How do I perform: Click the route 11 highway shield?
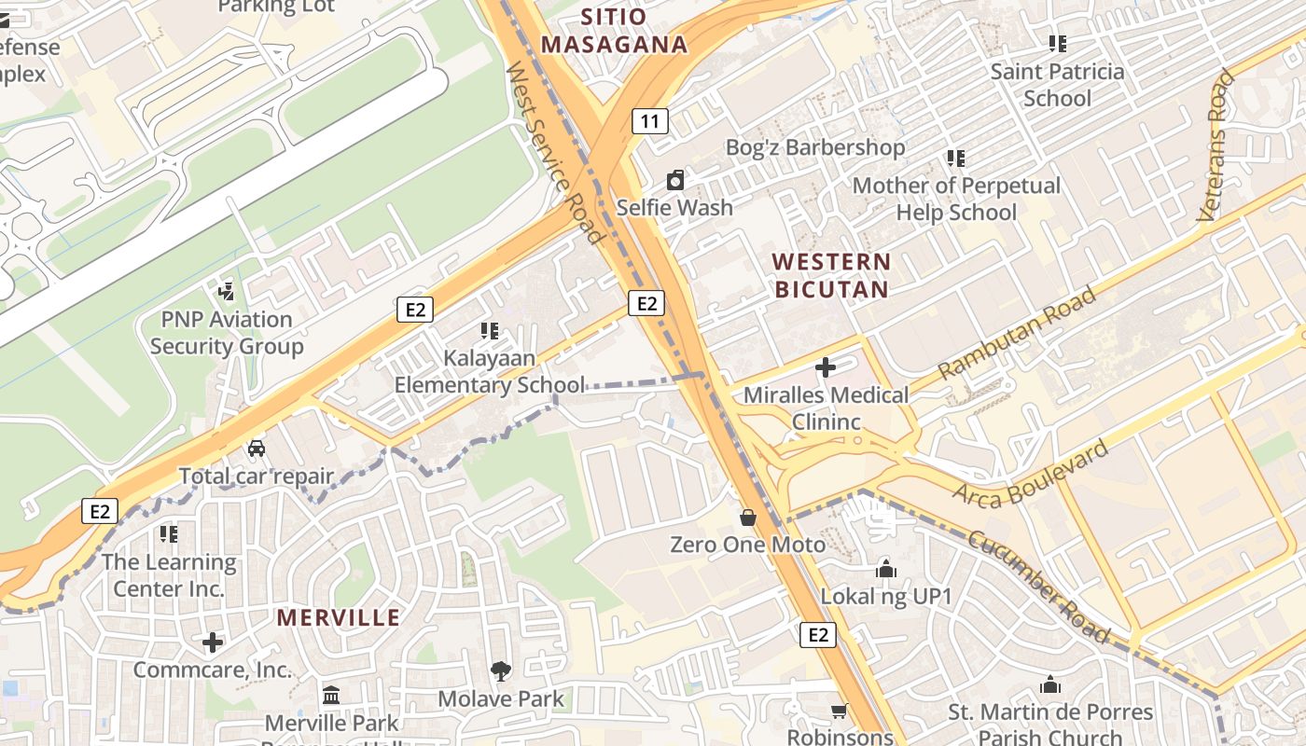649,120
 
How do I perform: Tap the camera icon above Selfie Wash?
674,180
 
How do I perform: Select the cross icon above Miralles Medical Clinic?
826,367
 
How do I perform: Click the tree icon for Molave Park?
501,670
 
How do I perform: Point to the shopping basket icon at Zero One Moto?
748,517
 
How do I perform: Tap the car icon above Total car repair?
257,449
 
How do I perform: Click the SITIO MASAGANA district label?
614,30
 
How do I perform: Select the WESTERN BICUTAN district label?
832,275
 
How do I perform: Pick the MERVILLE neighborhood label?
339,617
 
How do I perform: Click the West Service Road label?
554,153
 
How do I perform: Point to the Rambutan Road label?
1017,333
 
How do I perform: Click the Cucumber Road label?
1038,587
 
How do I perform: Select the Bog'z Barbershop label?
815,147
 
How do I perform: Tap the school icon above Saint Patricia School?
1057,43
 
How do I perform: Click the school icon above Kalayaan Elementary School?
490,330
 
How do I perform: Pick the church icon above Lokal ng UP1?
886,568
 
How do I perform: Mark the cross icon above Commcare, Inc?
213,642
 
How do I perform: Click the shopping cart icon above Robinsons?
840,711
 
